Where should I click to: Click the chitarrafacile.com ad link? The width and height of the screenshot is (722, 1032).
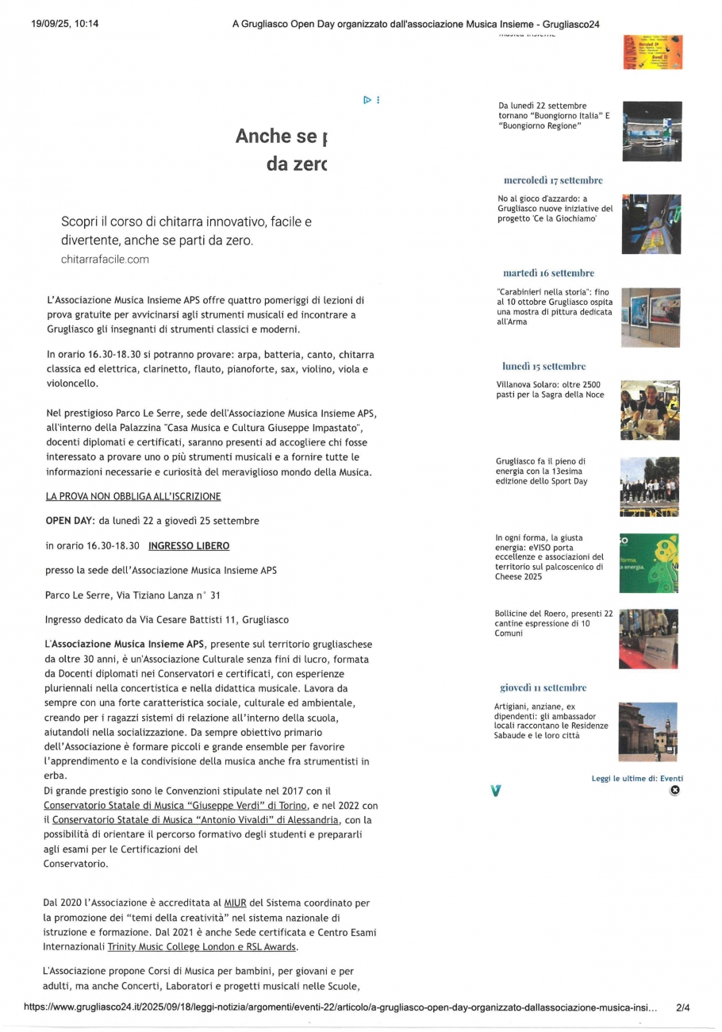click(105, 260)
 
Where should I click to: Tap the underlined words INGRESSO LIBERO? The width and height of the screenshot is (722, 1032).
click(189, 546)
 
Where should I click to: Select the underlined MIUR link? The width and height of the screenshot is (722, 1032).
click(235, 903)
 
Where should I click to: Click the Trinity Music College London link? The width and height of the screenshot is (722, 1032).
click(202, 947)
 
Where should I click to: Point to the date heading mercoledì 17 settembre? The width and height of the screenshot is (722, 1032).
click(553, 180)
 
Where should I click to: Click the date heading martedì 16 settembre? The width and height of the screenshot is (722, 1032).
click(548, 273)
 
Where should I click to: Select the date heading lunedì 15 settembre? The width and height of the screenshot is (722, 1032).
click(543, 367)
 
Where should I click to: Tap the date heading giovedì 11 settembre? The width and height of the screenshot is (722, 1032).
click(543, 687)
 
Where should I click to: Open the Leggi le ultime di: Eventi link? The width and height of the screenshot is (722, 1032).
click(637, 779)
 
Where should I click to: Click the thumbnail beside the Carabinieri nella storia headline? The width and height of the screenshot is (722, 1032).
click(650, 318)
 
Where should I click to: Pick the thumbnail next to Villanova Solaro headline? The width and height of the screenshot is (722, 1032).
click(650, 410)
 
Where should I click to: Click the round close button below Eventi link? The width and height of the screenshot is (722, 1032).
click(674, 791)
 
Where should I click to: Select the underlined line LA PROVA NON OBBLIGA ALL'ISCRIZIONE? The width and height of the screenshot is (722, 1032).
click(133, 496)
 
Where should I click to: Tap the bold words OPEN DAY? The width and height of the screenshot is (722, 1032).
click(70, 521)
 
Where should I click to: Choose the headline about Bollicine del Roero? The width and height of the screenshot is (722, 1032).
click(554, 623)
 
